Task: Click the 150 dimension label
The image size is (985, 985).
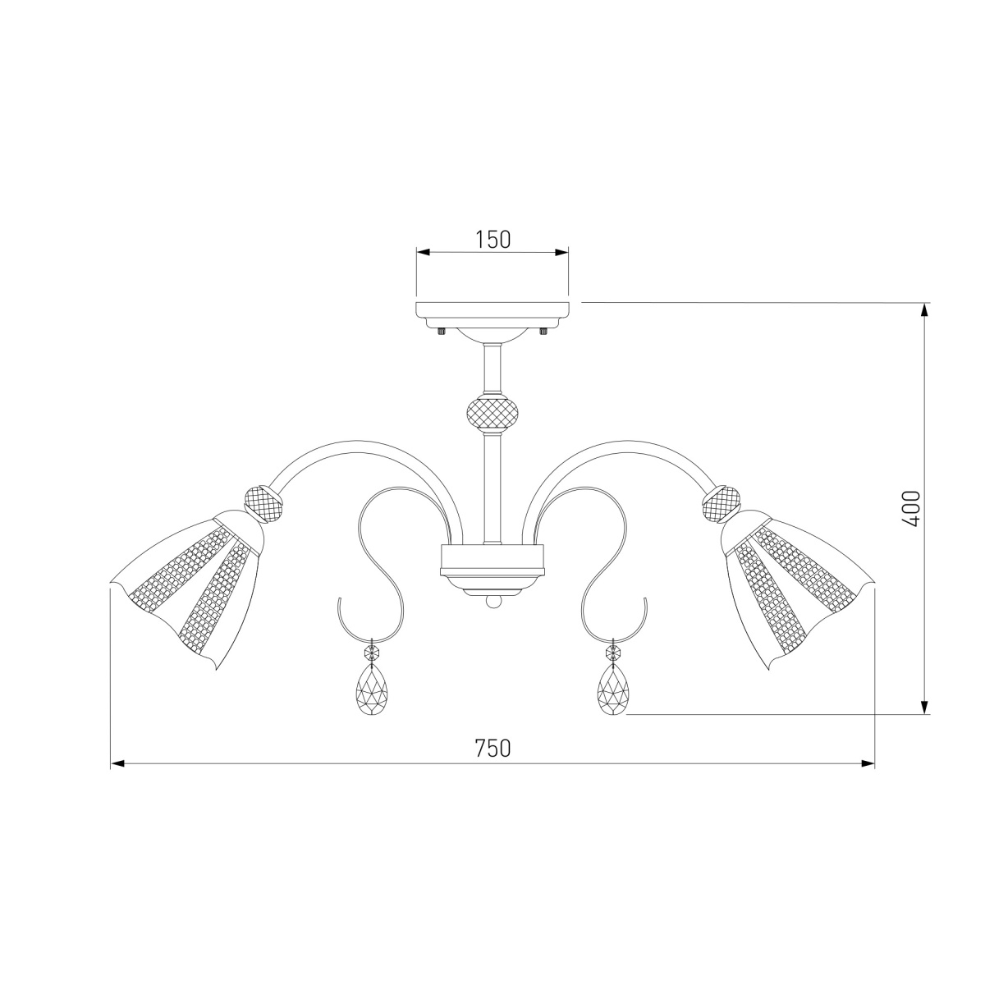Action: tap(492, 239)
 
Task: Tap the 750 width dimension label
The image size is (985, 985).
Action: tap(492, 749)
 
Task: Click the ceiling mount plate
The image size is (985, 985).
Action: tap(492, 312)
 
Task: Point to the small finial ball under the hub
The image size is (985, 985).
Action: tap(492, 602)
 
